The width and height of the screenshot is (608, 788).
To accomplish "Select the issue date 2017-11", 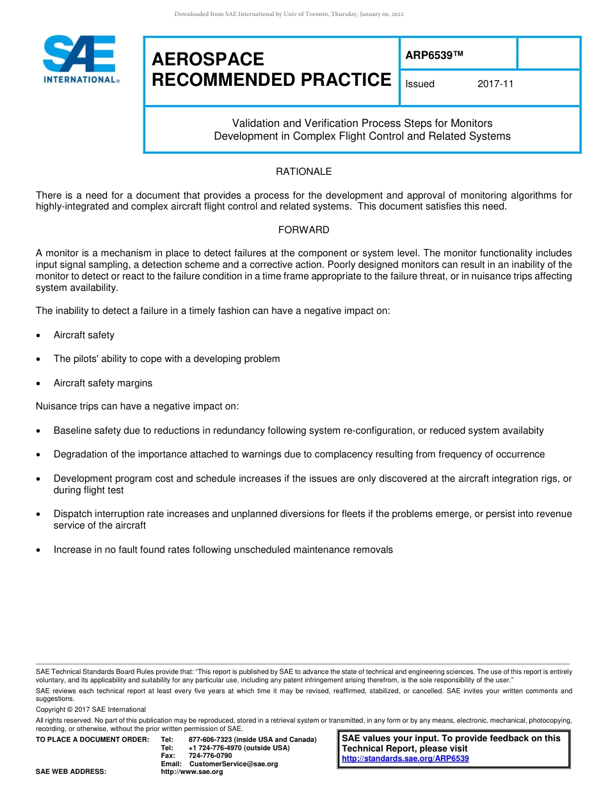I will click(495, 84).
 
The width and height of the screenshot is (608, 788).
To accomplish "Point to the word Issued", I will click(420, 84).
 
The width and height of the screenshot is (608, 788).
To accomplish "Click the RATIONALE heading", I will click(303, 172).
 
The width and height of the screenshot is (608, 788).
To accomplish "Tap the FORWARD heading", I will click(303, 229).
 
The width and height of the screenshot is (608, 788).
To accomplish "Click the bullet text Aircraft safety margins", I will click(102, 383).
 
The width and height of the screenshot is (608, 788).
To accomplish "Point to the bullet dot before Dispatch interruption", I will click(40, 514).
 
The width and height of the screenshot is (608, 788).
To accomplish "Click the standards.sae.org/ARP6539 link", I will click(405, 759).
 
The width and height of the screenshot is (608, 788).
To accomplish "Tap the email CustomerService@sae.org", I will click(234, 764).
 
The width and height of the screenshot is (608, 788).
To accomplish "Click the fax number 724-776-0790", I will click(210, 756).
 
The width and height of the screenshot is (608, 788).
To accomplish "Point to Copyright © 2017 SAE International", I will click(91, 709).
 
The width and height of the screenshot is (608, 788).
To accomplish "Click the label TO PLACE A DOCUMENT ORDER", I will click(92, 740).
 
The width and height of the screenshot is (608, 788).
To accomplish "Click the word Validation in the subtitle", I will click(254, 123).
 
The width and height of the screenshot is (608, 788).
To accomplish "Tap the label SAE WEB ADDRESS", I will click(71, 772).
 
